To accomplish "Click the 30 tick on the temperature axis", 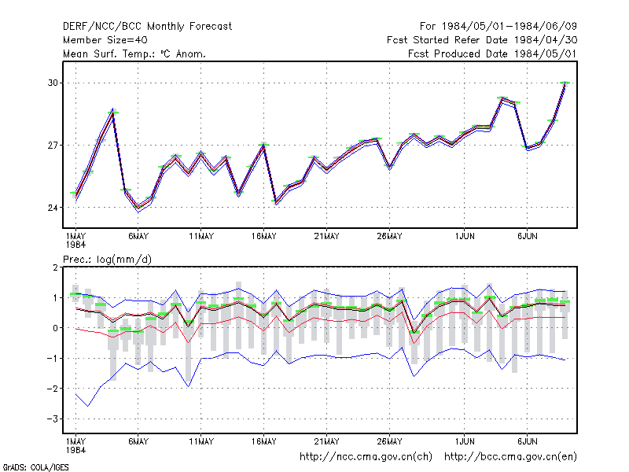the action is (x=53, y=83).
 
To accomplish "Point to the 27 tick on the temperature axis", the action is (x=53, y=146).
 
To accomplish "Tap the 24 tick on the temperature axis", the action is (x=53, y=208).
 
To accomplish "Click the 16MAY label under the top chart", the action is (x=264, y=237).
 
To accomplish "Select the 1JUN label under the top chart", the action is (x=465, y=237).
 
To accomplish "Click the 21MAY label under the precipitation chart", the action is (x=326, y=441).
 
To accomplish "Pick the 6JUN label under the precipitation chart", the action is (x=527, y=441).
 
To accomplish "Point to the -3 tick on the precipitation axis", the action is (x=52, y=419).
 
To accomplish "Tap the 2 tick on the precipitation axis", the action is (x=55, y=267).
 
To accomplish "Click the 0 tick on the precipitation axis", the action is (x=55, y=328).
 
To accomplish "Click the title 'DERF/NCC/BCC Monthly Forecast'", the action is (x=147, y=27).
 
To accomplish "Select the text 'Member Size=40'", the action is (x=105, y=40).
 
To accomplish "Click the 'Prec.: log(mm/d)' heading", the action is (x=107, y=260).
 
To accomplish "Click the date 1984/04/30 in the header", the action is (x=545, y=40).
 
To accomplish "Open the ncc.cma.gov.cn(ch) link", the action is (x=366, y=457).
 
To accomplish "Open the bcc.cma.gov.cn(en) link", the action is (x=510, y=457).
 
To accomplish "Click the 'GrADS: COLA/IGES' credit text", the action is (x=35, y=467).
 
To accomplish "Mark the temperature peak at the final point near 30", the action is (x=565, y=83).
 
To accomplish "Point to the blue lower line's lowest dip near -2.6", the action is (x=88, y=406).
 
